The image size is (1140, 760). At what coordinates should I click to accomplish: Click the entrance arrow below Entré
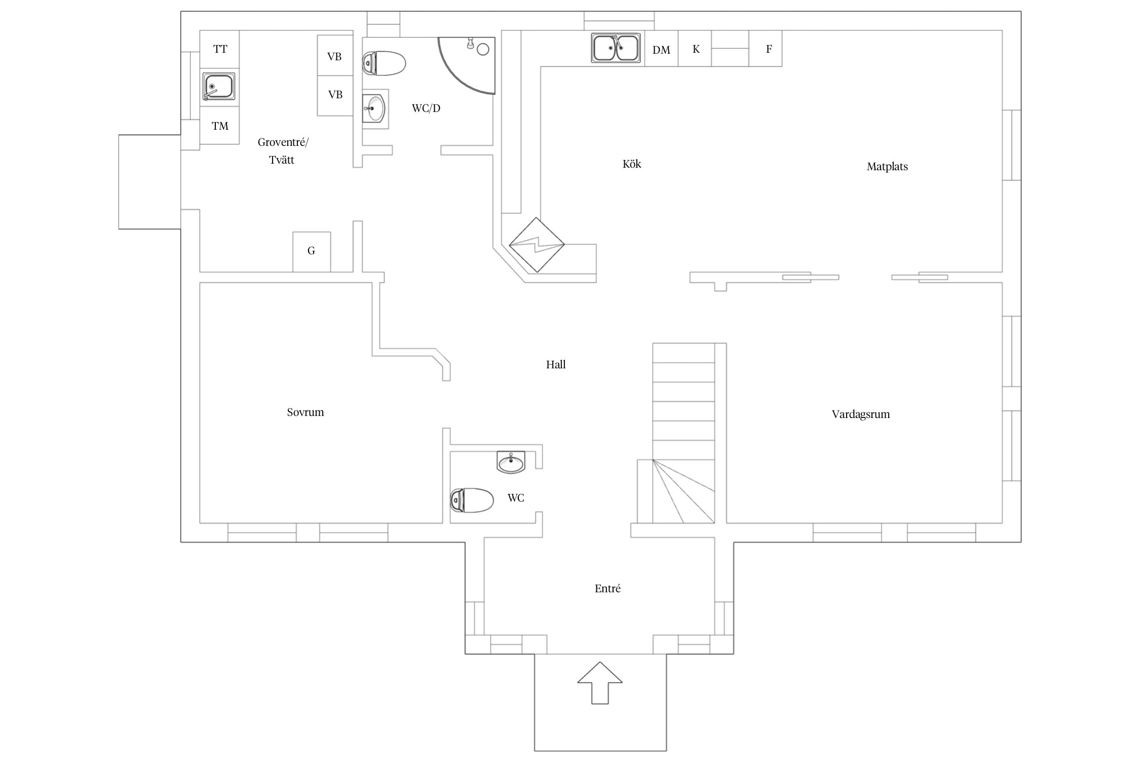[600, 682]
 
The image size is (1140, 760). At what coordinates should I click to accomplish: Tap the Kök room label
[632, 164]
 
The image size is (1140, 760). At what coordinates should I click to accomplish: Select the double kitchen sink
[616, 48]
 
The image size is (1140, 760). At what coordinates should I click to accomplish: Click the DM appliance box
[661, 49]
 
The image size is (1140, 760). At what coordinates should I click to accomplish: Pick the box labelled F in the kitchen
[765, 49]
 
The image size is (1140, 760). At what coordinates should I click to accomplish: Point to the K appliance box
[695, 49]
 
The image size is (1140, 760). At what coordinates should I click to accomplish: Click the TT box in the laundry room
[219, 49]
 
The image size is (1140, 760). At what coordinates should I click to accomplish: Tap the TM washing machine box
[219, 126]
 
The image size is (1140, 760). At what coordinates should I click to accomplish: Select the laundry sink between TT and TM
[219, 87]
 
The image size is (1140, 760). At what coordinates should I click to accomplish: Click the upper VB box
[335, 55]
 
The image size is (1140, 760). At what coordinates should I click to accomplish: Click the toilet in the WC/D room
[384, 63]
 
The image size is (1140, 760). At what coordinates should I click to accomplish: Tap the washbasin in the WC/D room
[374, 108]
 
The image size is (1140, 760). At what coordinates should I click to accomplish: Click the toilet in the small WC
[472, 500]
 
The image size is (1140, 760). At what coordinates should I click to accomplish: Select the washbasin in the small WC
[511, 462]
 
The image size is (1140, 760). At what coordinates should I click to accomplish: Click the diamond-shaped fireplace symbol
[537, 245]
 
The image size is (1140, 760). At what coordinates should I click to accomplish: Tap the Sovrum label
[305, 412]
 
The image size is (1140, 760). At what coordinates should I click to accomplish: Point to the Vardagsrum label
[861, 414]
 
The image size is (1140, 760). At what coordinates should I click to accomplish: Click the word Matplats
[887, 167]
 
